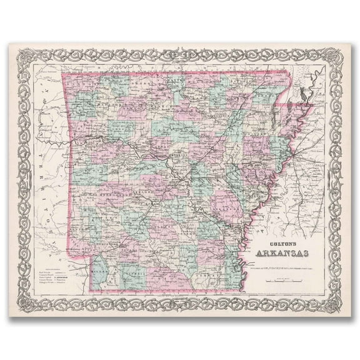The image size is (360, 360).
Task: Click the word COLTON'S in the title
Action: click(284, 246)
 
